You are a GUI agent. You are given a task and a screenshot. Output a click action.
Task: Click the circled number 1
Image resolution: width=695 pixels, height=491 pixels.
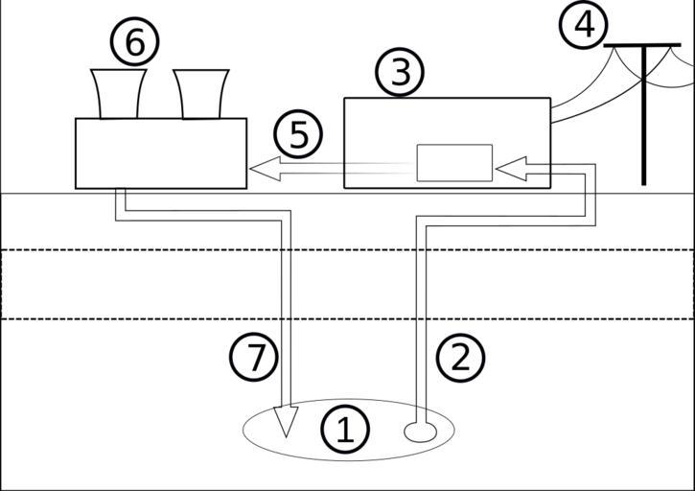(x=344, y=430)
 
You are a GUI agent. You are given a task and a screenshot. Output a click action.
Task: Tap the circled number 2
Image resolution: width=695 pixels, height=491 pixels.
(x=460, y=358)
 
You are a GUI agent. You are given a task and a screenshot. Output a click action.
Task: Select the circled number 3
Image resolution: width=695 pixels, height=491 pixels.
(x=399, y=73)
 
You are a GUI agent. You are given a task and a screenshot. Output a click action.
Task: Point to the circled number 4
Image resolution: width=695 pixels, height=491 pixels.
(x=584, y=25)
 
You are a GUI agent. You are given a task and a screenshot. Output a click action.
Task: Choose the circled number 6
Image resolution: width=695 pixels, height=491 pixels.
(x=134, y=42)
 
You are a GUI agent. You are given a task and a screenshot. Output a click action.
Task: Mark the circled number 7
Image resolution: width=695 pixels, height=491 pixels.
(x=254, y=358)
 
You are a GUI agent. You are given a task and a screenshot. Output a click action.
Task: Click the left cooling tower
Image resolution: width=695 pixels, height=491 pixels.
(x=118, y=94)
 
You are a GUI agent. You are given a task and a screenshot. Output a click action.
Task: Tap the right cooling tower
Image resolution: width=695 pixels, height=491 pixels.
(x=201, y=94)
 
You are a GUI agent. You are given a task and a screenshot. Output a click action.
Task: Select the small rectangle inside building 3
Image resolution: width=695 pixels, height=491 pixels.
(x=453, y=162)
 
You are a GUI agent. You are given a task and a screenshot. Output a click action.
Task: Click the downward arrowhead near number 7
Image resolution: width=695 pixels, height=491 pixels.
(x=286, y=421)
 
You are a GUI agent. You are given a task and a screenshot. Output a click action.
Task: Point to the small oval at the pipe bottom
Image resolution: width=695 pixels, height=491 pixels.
(x=419, y=433)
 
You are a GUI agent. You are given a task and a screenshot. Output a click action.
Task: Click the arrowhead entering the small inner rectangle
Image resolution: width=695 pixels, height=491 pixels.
(x=508, y=170)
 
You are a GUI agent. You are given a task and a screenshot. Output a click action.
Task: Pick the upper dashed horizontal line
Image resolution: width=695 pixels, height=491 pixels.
(x=347, y=250)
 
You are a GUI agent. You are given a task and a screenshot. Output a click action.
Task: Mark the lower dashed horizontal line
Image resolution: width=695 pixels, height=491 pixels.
(x=347, y=319)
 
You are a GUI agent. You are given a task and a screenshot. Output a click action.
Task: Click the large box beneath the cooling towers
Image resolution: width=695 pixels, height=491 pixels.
(x=160, y=153)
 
